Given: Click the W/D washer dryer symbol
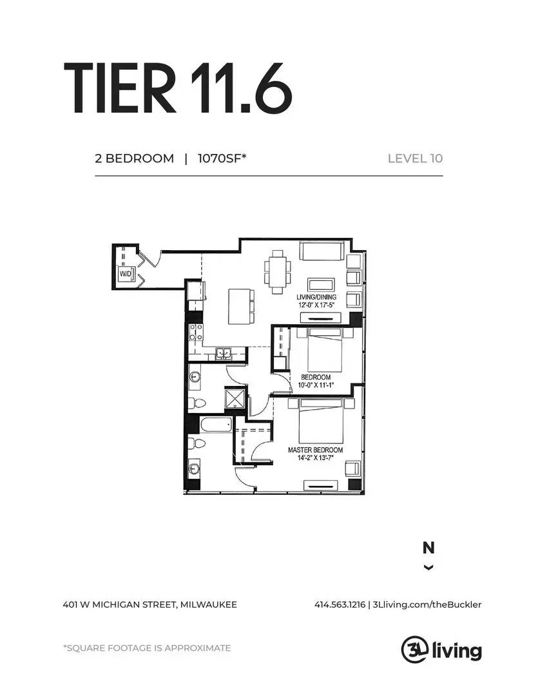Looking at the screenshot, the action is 126,274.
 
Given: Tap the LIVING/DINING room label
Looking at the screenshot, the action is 316,297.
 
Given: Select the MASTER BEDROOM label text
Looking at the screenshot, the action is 315,450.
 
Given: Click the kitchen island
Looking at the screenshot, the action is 242,306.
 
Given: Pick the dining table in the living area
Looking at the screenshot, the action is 278,272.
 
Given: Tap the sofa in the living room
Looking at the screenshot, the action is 322,251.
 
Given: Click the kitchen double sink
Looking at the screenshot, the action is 224,353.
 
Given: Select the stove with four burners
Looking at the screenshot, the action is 196,333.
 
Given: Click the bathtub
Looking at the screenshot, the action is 216,425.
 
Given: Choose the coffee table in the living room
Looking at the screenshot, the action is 322,285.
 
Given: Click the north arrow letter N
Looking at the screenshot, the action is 428,548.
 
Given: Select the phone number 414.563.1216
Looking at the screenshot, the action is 340,604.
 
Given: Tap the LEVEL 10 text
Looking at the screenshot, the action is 415,159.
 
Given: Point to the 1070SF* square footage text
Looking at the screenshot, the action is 222,159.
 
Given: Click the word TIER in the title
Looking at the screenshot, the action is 120,88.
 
